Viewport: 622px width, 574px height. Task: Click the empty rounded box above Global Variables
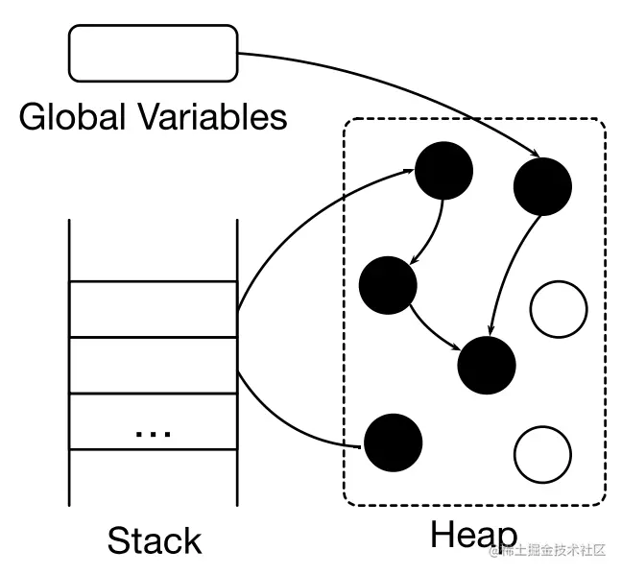154,53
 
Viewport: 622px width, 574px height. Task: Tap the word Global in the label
72,117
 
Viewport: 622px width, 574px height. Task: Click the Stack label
155,540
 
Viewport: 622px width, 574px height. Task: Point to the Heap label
473,536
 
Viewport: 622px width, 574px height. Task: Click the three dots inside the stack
154,433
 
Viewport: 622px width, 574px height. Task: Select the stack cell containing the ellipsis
154,421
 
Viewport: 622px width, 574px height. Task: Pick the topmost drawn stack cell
154,309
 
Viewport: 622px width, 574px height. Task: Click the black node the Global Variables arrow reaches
542,186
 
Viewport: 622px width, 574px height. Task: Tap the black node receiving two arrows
487,365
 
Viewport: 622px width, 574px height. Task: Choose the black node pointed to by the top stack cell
443,171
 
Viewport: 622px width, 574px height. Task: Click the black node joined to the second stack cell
394,442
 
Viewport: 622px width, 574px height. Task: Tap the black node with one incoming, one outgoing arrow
388,286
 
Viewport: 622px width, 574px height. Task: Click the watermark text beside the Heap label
547,550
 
